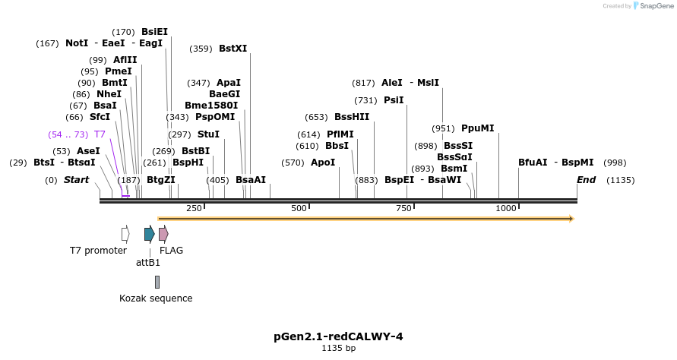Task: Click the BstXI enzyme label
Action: pos(233,49)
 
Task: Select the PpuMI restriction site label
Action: pos(477,128)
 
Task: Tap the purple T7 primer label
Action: pos(100,134)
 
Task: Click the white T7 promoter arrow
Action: pos(125,234)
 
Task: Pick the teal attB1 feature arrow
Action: pos(150,234)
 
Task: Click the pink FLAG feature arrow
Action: pos(163,234)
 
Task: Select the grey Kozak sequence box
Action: pos(157,282)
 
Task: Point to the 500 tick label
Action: pos(299,208)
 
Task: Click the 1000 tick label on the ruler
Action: pos(506,208)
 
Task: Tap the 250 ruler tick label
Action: pos(194,208)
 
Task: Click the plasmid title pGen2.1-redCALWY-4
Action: pos(338,336)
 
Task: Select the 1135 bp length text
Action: pos(338,349)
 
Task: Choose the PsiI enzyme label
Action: pos(394,100)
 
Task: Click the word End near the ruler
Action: pos(586,180)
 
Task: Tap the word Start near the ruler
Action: pos(76,180)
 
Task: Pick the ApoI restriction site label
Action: pos(323,163)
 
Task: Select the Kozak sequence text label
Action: pos(156,298)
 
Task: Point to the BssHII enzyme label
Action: pos(352,117)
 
